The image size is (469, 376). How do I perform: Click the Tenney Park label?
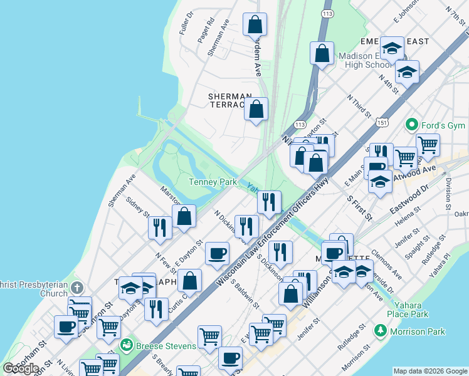pyautogui.click(x=213, y=182)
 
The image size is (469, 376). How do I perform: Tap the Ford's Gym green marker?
pyautogui.click(x=411, y=124)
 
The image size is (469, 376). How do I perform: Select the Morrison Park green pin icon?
pyautogui.click(x=380, y=330)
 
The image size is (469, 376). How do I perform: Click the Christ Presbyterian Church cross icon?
pyautogui.click(x=76, y=288)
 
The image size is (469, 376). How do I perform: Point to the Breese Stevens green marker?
pyautogui.click(x=126, y=344)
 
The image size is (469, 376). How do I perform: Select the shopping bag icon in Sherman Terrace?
pyautogui.click(x=256, y=110)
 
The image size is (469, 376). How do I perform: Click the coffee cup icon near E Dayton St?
pyautogui.click(x=218, y=253)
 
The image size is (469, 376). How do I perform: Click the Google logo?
pyautogui.click(x=21, y=368)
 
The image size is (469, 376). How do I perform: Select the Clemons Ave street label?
pyautogui.click(x=387, y=265)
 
